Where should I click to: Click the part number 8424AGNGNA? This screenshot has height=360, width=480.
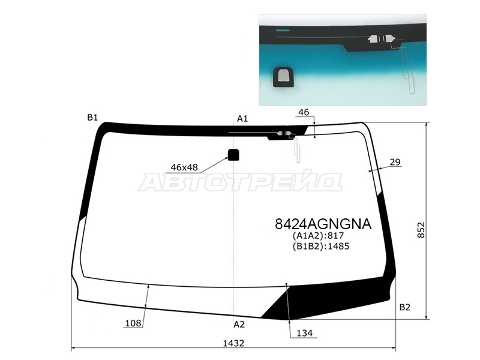point(323,224)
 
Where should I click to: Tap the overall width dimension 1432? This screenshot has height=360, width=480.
point(233,343)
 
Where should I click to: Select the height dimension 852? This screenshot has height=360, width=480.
point(421,230)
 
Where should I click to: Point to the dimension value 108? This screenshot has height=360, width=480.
point(133,323)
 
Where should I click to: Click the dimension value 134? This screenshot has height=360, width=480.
point(305,333)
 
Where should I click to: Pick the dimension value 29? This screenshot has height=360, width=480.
point(395,162)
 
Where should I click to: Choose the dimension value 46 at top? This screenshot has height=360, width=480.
point(304,112)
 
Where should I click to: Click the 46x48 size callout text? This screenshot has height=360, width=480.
point(184,167)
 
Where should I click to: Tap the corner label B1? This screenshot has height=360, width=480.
point(92,117)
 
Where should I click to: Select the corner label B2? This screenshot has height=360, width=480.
point(404,307)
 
